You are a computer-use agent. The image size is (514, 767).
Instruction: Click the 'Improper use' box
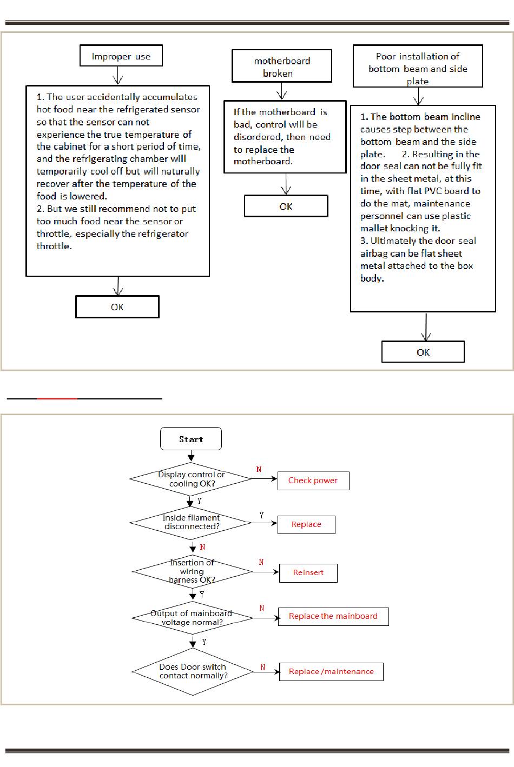[x=121, y=56]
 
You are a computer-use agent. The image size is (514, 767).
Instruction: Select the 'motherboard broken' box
[x=282, y=66]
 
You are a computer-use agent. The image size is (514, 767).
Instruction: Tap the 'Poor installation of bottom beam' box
[x=418, y=66]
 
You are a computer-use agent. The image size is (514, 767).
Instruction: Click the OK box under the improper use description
[x=117, y=307]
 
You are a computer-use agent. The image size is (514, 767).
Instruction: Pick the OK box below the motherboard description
[x=286, y=206]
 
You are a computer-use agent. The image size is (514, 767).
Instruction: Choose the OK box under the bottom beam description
[x=423, y=352]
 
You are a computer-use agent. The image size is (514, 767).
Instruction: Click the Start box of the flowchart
[x=191, y=438]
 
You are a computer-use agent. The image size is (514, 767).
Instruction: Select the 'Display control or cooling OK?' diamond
[x=191, y=479]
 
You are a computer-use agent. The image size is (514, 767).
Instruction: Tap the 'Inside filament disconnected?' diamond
[x=191, y=523]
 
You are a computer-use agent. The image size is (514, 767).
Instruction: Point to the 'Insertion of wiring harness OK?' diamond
[x=192, y=571]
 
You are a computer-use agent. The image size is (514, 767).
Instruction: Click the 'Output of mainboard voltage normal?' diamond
[x=192, y=618]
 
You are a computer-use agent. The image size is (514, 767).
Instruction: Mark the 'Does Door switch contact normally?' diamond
[x=192, y=672]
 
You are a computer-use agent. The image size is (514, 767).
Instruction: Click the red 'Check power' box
[x=313, y=481]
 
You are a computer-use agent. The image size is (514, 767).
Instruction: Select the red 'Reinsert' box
[x=308, y=573]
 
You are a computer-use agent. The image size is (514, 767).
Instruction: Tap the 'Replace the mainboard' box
[x=333, y=617]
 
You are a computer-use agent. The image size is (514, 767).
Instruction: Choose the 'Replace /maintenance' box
[x=331, y=672]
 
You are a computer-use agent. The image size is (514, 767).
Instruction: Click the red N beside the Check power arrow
[x=259, y=470]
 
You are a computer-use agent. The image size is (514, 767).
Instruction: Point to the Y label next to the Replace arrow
[x=261, y=516]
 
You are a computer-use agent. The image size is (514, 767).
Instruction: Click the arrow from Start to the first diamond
[x=191, y=456]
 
